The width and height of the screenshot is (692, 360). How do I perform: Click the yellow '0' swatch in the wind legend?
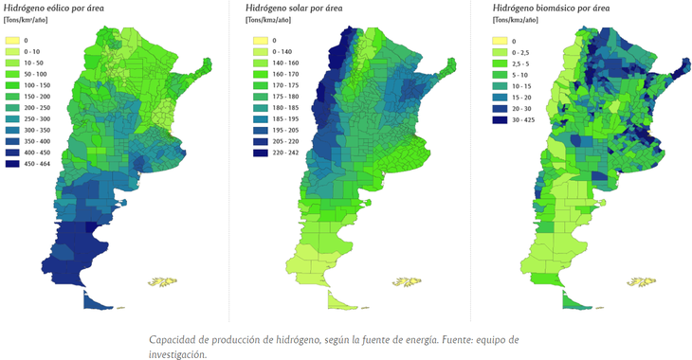[x=12, y=41]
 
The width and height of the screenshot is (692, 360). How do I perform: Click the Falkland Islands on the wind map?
[x=164, y=280]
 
